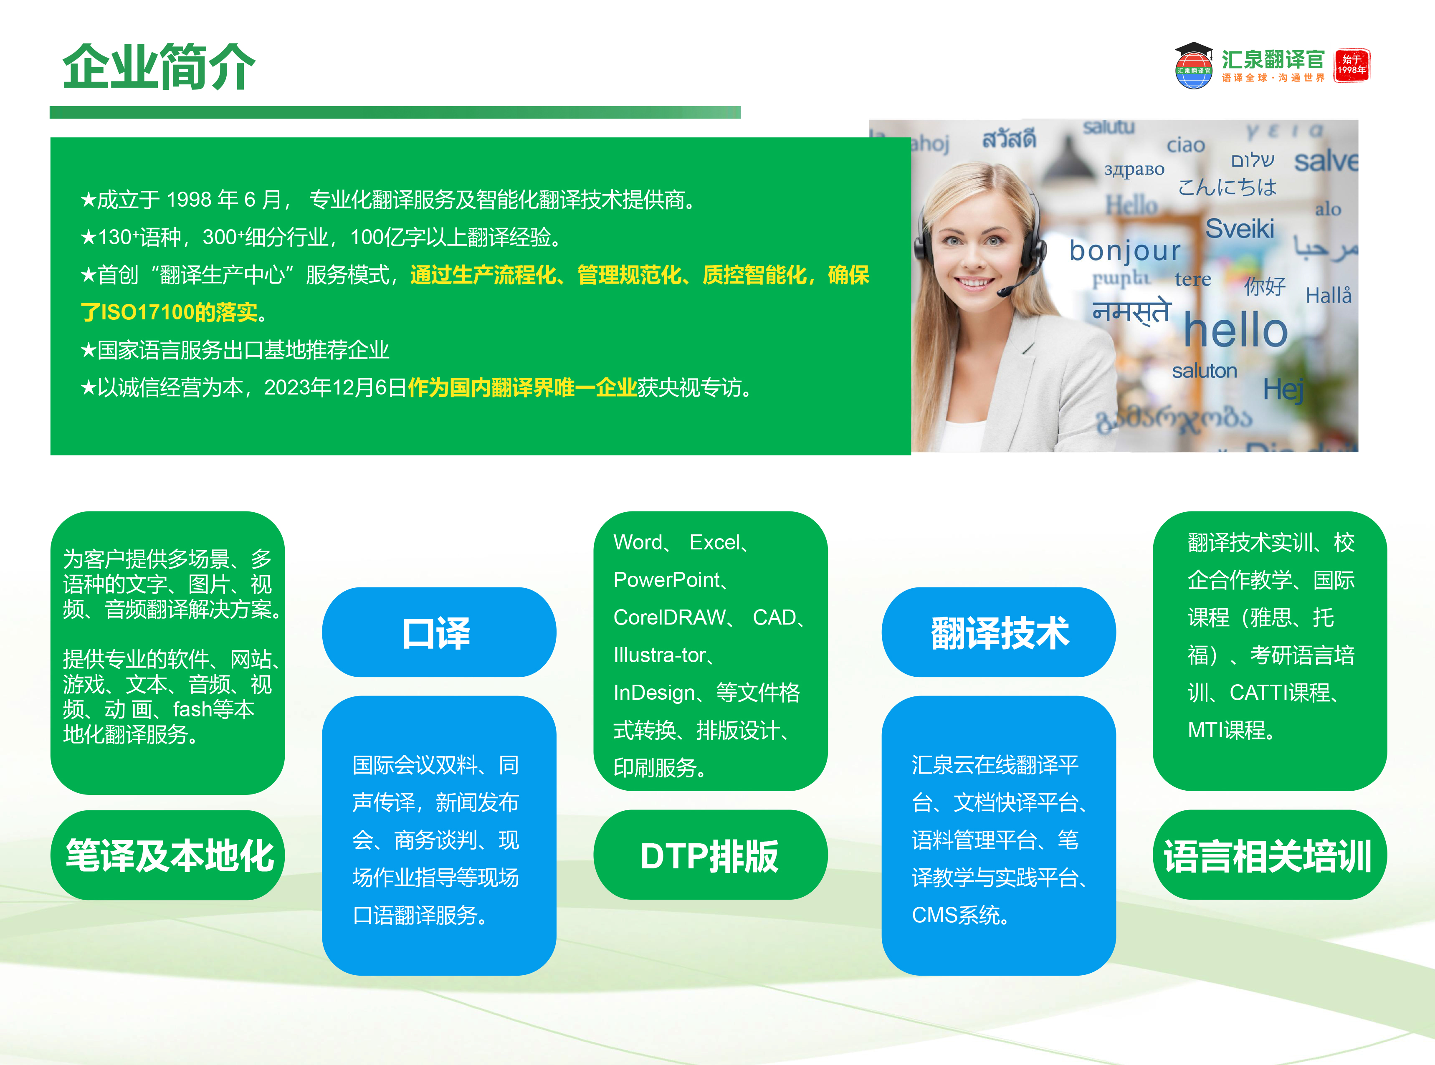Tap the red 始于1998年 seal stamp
tap(1351, 65)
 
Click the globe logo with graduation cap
tap(1193, 66)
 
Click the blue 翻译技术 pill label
tap(999, 632)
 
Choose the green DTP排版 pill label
tap(710, 855)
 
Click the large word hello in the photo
tap(1235, 330)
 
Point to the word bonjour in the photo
tap(1125, 250)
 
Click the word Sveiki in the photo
tap(1240, 229)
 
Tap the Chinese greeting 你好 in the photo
tap(1264, 286)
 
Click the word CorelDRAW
tap(669, 617)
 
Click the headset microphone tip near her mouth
tap(1003, 292)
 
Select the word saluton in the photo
tap(1204, 371)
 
